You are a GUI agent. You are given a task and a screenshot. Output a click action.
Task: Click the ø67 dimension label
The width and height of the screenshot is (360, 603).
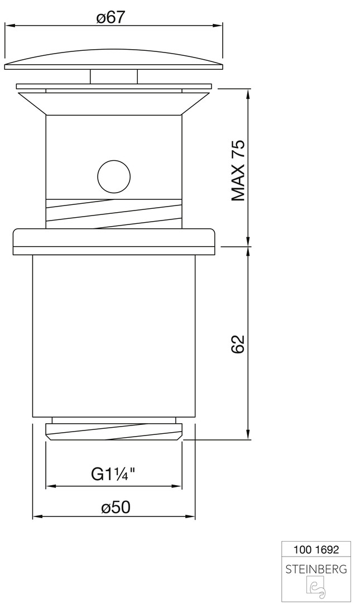(x=111, y=17)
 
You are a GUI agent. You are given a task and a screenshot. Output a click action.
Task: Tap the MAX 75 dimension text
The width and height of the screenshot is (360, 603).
(x=238, y=171)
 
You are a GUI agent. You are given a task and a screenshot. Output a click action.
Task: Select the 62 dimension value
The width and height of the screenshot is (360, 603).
(x=238, y=344)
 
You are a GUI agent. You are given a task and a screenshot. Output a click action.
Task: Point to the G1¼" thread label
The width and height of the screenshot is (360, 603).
(x=113, y=474)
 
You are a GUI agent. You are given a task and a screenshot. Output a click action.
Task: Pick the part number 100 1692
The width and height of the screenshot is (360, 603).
(x=316, y=549)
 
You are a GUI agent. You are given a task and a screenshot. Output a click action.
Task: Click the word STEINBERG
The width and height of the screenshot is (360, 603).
(x=316, y=568)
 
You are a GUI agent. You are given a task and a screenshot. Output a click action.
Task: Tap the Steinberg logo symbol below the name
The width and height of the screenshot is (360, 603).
(x=316, y=588)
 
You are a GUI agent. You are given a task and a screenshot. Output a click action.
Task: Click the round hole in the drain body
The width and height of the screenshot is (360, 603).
(x=114, y=176)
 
